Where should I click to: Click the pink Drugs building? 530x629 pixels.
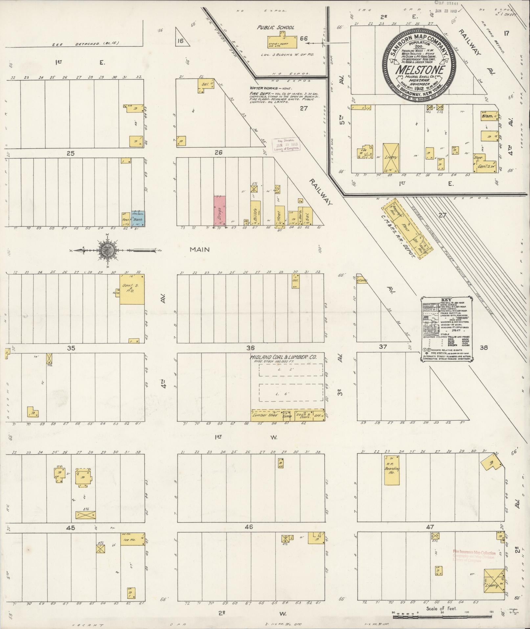point(219,211)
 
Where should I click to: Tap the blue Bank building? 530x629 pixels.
point(138,218)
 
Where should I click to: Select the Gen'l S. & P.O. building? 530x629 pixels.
point(132,289)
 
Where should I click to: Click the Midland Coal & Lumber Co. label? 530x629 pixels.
point(283,357)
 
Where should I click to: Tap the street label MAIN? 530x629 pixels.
point(199,250)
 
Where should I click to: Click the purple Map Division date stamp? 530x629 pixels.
point(287,144)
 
